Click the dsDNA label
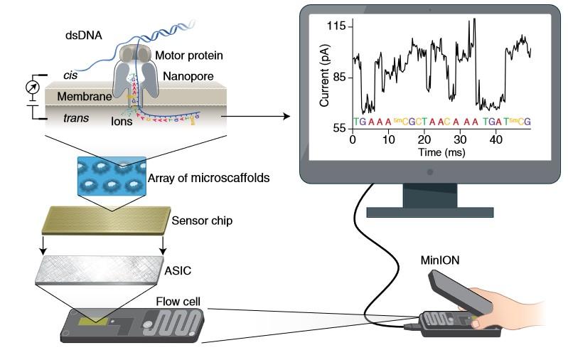[84, 36]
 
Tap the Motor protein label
[189, 55]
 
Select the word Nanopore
[188, 77]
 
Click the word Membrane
[85, 97]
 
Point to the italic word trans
[75, 118]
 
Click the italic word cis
[70, 75]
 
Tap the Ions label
[122, 121]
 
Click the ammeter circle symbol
[33, 87]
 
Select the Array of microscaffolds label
[209, 178]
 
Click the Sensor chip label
[202, 221]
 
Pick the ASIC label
[178, 271]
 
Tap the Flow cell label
[178, 302]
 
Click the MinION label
[440, 260]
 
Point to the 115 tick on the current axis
[336, 26]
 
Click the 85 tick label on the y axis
[339, 78]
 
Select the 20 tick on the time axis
[424, 139]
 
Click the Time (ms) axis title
[441, 152]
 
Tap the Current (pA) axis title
[324, 75]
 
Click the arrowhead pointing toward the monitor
[286, 117]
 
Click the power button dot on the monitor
[430, 172]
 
